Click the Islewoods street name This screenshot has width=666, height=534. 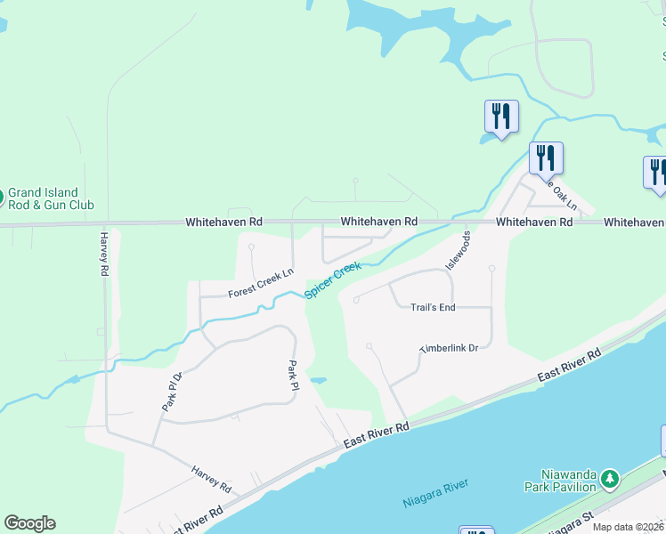(457, 251)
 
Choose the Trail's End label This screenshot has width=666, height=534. (433, 308)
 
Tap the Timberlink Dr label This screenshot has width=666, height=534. (450, 348)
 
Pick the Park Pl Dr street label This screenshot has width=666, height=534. (171, 390)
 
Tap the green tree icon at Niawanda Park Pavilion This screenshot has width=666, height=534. (609, 480)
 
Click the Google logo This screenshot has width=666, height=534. (29, 523)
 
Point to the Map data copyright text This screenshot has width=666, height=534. (629, 527)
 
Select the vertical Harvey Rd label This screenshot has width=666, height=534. (104, 254)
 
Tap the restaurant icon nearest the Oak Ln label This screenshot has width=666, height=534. (545, 158)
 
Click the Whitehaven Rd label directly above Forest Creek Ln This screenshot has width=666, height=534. (223, 222)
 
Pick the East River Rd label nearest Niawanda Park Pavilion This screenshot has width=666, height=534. (569, 366)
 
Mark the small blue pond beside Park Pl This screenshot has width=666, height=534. (319, 380)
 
